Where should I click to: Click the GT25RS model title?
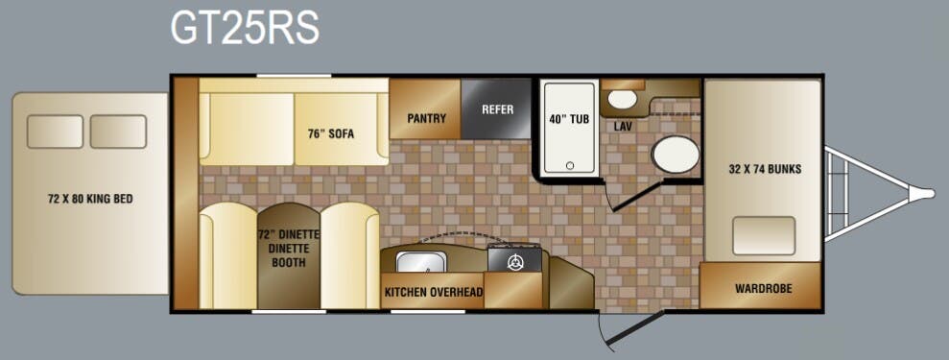coord(244,29)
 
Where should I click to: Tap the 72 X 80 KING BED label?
coord(90,199)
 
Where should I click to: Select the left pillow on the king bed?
coord(55,132)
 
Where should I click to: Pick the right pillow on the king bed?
coord(118,132)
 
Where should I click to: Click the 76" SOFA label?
coord(331,134)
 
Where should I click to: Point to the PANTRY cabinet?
coord(425,108)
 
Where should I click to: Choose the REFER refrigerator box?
coord(496,108)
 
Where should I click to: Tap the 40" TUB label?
coord(570,119)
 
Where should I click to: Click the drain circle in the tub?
coord(570,165)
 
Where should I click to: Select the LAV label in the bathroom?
coord(623,127)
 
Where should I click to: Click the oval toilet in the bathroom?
coord(676,155)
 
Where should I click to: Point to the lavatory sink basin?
coord(622,99)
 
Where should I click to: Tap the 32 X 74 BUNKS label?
coord(765,169)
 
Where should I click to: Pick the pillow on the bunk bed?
coord(763,235)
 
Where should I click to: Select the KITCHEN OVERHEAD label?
coord(434,292)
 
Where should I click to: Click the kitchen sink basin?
coord(421,261)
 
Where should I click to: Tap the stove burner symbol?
coord(515,263)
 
